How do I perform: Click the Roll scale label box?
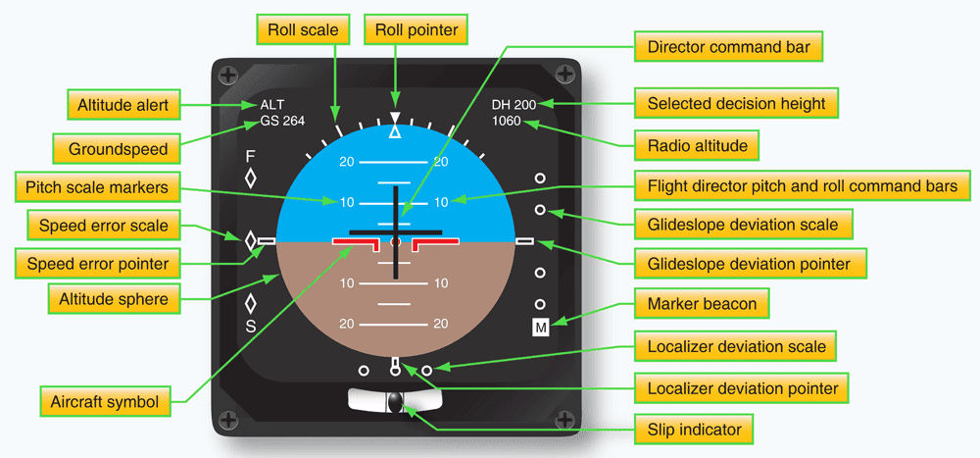point(304,30)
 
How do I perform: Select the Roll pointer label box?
point(416,30)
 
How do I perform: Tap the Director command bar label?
point(729,45)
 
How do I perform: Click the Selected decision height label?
point(736,103)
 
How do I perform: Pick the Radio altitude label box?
point(698,146)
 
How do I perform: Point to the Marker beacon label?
point(702,303)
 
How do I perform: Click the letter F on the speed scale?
point(250,156)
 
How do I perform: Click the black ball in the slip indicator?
point(395,402)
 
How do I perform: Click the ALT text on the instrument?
point(271,105)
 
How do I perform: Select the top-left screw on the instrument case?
point(227,75)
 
